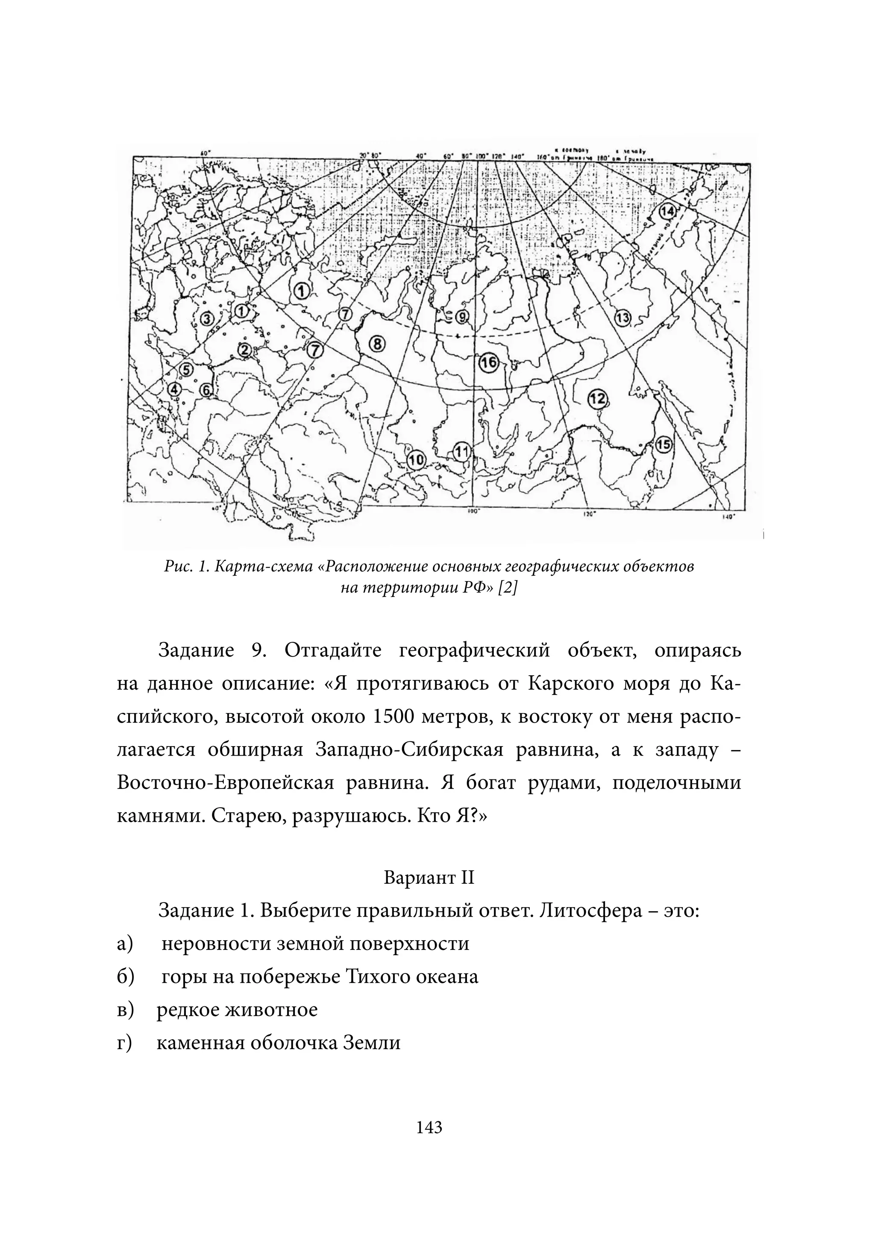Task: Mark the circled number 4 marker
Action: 175,389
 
